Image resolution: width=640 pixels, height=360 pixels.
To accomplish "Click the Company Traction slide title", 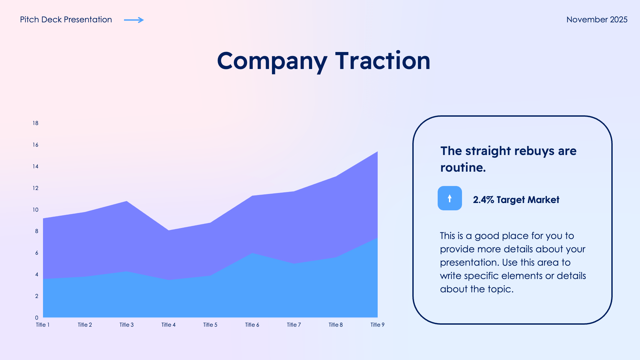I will (323, 61).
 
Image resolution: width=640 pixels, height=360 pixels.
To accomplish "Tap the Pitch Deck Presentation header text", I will (66, 20).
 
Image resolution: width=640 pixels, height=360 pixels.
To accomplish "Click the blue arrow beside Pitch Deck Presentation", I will (134, 20).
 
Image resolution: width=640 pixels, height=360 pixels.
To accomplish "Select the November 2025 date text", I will (597, 20).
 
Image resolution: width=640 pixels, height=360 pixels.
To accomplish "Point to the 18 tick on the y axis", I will (35, 123).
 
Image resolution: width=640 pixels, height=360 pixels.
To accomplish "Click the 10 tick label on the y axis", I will (35, 210).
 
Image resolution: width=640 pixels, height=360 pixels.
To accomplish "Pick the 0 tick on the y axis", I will (37, 318).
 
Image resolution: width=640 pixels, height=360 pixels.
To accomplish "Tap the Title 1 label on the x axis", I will (43, 325).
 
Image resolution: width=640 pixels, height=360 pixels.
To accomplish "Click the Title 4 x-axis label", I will (168, 325).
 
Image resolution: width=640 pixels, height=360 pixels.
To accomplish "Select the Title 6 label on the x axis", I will (252, 325).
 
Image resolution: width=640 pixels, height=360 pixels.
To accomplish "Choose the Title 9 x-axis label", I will (377, 325).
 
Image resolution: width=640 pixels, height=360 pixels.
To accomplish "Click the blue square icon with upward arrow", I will (450, 198).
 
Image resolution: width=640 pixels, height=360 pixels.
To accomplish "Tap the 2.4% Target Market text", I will (516, 200).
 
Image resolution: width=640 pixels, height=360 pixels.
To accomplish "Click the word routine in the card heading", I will (462, 167).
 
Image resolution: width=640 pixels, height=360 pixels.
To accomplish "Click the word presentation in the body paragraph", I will (469, 262).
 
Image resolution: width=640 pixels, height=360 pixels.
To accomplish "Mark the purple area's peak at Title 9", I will (377, 153).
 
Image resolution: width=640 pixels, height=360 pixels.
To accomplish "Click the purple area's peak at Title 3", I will (127, 202).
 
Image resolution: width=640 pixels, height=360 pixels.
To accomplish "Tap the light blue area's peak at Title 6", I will (253, 254).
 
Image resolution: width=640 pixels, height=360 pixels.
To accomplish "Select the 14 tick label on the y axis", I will (35, 166).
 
